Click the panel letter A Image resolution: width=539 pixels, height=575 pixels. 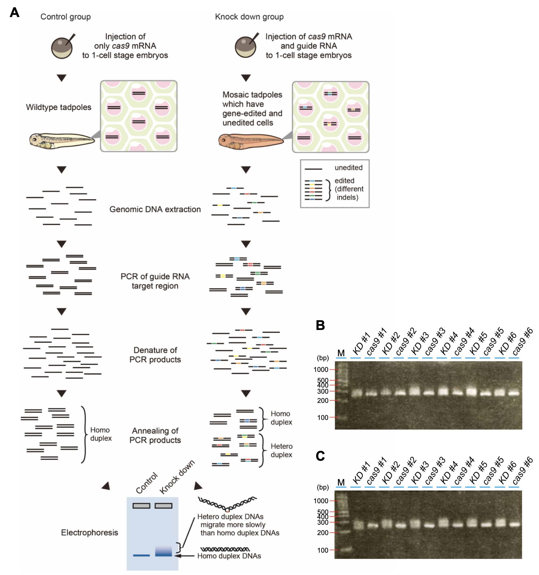(x=15, y=13)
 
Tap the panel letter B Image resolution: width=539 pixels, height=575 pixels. (x=320, y=325)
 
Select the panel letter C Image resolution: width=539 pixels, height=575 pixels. (x=320, y=456)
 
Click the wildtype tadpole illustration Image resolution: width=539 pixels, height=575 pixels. (x=62, y=141)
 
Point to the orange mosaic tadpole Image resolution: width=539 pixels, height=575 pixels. (x=251, y=141)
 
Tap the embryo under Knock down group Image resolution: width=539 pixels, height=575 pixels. (x=245, y=47)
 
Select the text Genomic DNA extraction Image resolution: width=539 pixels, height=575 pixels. (x=155, y=209)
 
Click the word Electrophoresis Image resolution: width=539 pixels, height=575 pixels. (x=89, y=533)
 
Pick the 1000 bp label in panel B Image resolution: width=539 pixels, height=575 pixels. (x=321, y=370)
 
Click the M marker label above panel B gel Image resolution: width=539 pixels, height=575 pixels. (x=341, y=353)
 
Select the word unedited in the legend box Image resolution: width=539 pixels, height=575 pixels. (x=349, y=167)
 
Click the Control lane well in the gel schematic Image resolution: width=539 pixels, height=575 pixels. (x=141, y=506)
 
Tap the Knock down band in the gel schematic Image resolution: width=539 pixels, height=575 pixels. (x=163, y=551)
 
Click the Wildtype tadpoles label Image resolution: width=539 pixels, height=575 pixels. (x=58, y=107)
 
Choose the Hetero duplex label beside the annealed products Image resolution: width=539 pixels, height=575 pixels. (x=281, y=450)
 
